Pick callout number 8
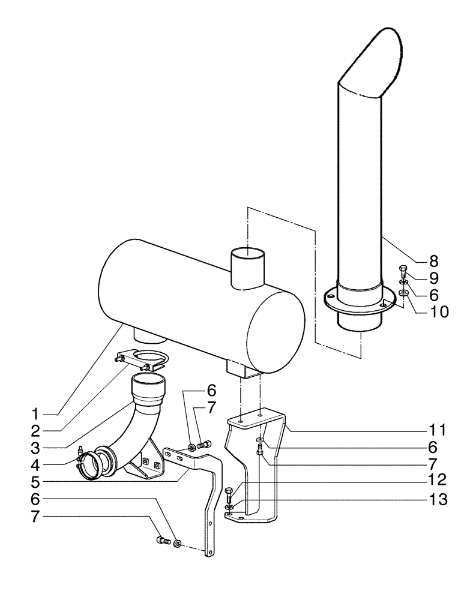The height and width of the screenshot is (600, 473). click(433, 262)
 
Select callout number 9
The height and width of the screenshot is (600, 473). click(433, 278)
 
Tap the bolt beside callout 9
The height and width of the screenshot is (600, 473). click(403, 269)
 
